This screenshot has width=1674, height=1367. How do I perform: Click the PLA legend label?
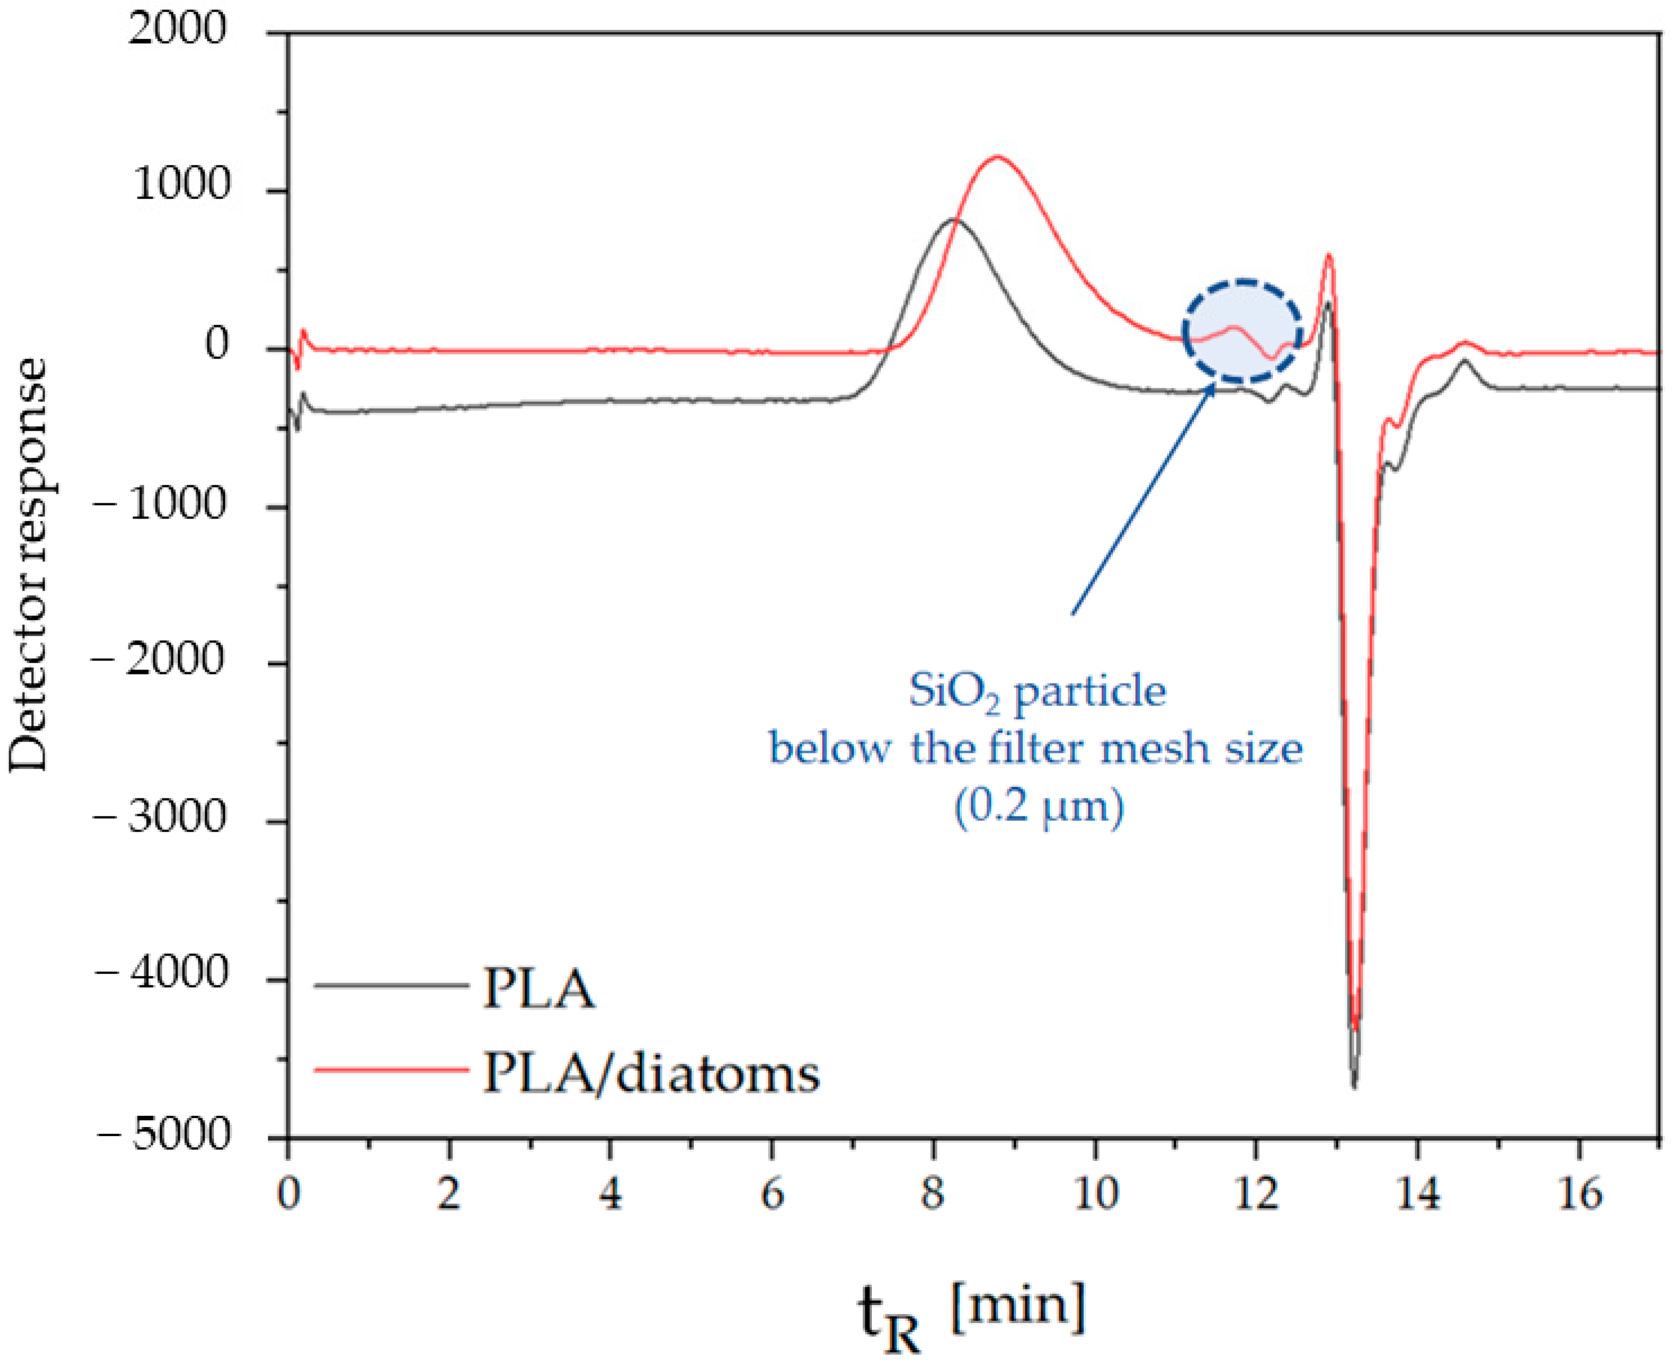tap(538, 989)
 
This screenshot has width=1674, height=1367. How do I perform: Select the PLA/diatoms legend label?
tap(651, 1073)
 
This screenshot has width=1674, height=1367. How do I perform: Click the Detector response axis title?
tap(30, 565)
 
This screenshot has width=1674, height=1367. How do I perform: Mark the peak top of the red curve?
tap(998, 157)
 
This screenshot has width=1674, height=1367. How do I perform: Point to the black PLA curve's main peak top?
tap(953, 220)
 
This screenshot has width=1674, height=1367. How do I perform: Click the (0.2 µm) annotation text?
tap(1038, 806)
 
